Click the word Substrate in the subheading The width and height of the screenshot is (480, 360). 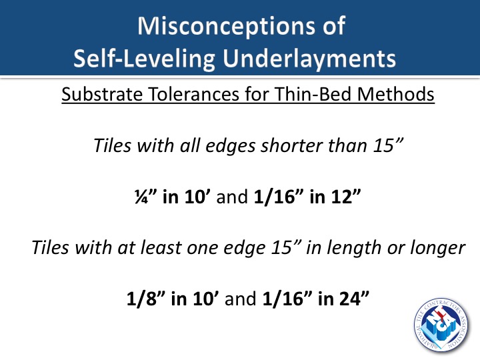[x=102, y=94]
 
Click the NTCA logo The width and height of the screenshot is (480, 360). [x=441, y=325]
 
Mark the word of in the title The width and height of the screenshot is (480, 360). [x=334, y=26]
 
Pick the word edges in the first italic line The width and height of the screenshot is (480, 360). [x=230, y=146]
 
